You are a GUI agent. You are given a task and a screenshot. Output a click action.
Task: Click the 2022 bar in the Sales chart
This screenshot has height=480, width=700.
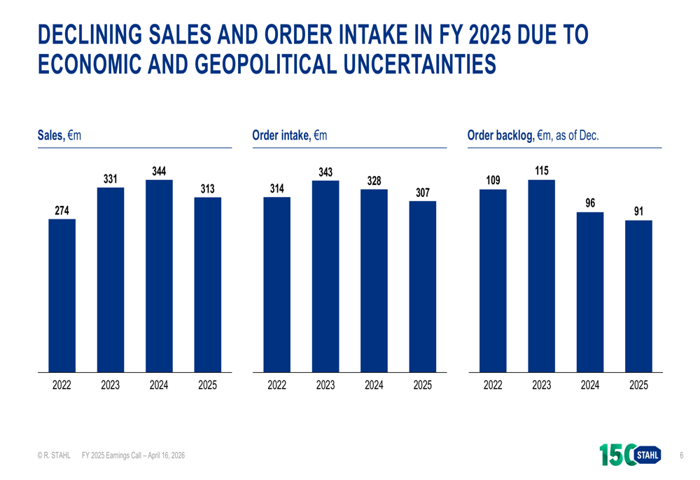(x=62, y=295)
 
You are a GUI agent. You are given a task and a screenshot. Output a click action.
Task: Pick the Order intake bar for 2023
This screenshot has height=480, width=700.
(x=325, y=276)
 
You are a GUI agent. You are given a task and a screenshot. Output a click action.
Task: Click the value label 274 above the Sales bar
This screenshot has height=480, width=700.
(x=62, y=210)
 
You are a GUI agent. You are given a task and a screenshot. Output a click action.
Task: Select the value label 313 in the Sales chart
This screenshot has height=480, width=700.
(x=207, y=188)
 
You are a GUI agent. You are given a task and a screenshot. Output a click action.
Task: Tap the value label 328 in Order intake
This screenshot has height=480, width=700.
(x=374, y=181)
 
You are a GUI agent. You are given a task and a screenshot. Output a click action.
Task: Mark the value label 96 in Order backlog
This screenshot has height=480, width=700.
(x=590, y=203)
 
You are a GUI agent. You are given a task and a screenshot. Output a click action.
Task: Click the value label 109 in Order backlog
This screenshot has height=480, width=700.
(x=493, y=181)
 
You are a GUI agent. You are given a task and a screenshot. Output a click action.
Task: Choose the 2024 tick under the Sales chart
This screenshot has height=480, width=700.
(x=159, y=385)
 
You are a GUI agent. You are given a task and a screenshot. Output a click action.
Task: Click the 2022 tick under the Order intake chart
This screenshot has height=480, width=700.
(x=277, y=385)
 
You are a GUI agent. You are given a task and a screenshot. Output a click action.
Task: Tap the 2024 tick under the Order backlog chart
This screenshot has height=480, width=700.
(x=590, y=385)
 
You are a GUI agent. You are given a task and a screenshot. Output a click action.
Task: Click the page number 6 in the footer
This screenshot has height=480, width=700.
(x=681, y=456)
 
